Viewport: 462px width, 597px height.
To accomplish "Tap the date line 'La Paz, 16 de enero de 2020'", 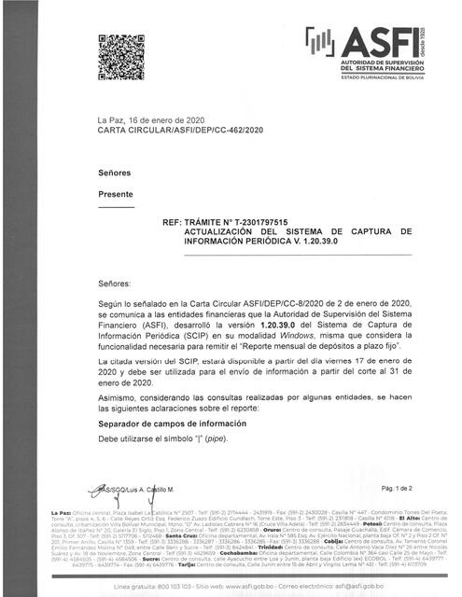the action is tap(150, 122).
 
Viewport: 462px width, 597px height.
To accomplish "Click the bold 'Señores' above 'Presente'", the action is tap(116, 174).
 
